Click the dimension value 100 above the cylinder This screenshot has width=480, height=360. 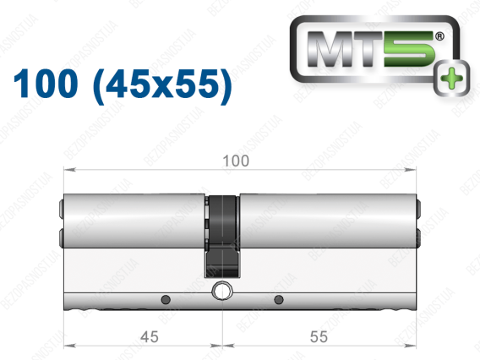tap(236, 161)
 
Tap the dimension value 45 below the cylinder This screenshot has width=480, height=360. tap(150, 336)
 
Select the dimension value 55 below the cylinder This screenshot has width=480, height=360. tap(319, 336)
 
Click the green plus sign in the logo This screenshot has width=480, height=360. tap(452, 79)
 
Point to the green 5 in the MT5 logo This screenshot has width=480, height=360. tap(409, 49)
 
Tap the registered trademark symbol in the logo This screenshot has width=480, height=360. tap(439, 36)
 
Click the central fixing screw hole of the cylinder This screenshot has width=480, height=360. tap(222, 291)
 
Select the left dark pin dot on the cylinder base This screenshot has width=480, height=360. tap(166, 299)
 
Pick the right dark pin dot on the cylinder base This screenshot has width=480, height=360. tap(279, 299)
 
